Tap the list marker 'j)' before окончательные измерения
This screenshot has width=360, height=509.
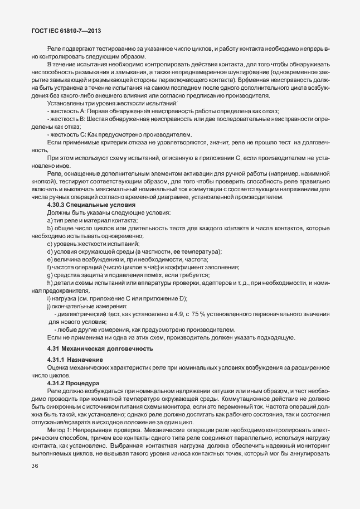49,307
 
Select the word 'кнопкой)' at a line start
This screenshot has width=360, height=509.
45,182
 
